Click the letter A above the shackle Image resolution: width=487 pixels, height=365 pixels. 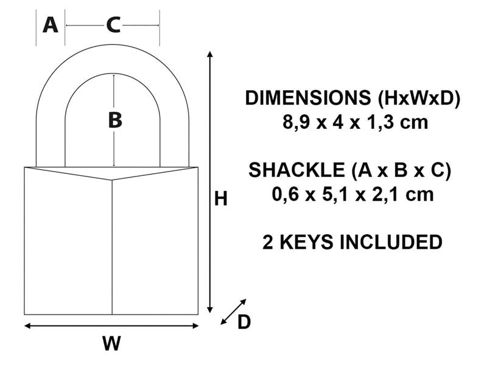tap(51, 25)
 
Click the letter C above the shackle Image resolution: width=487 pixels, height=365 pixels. tap(113, 25)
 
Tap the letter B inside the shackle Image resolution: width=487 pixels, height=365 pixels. tap(114, 120)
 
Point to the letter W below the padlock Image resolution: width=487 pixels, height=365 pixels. tap(111, 344)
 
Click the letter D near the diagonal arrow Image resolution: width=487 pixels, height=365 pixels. tap(243, 322)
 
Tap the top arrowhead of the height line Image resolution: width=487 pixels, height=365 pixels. tap(210, 55)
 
